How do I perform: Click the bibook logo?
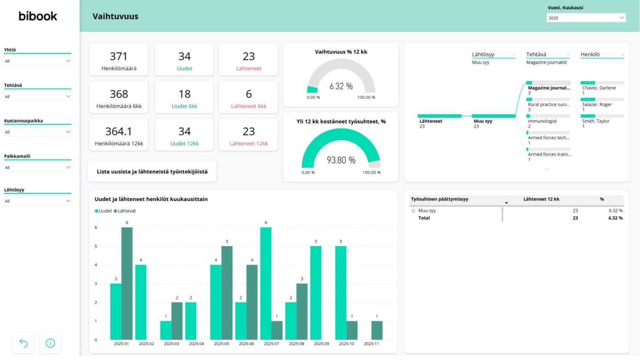coord(38,17)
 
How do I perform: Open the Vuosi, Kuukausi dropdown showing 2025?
coord(586,18)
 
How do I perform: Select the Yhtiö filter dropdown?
coord(37,61)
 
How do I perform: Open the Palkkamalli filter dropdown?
coord(37,167)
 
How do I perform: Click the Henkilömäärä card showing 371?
coord(119,60)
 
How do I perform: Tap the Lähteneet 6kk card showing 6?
coord(248,97)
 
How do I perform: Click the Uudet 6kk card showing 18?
coord(184,97)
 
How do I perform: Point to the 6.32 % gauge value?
coord(341,86)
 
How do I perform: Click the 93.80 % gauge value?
coord(341,160)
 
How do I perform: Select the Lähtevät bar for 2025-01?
coord(127,283)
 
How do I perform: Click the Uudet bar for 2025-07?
coord(266,283)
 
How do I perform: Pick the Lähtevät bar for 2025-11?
coord(377,330)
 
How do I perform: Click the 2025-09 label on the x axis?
coord(321,343)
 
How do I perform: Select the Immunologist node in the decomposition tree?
coord(542,121)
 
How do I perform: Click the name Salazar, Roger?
coord(596,104)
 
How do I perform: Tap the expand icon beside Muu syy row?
coord(413,211)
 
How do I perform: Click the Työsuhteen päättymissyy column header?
coord(440,200)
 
